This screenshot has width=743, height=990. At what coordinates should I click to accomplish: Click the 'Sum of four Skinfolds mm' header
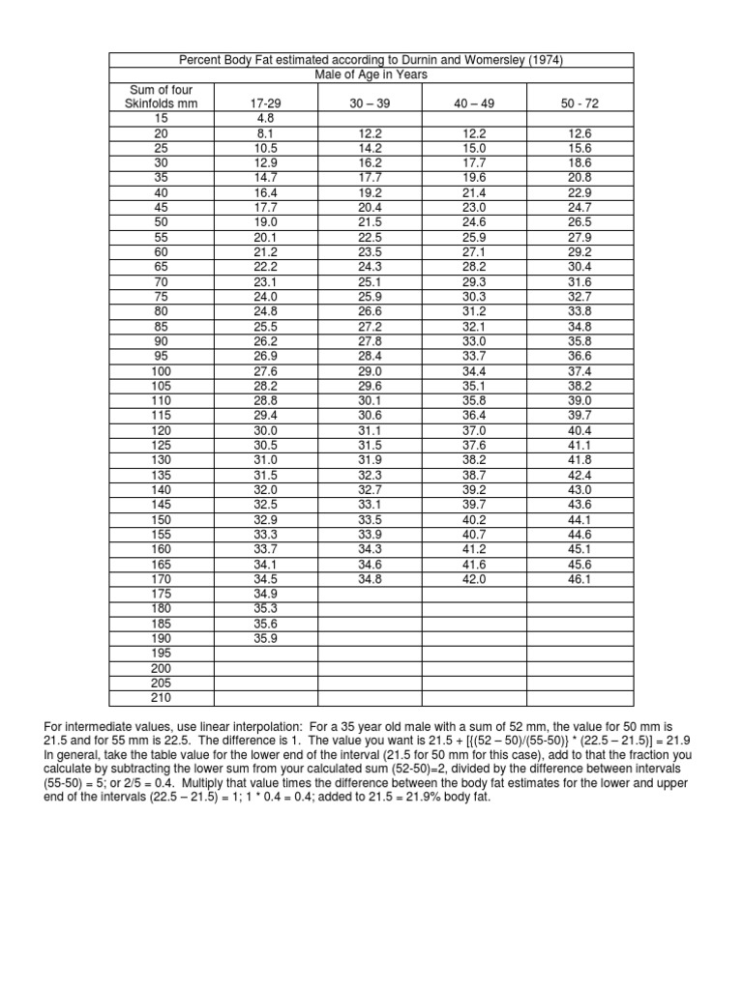pyautogui.click(x=162, y=97)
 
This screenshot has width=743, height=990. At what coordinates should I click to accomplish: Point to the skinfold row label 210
pyautogui.click(x=162, y=696)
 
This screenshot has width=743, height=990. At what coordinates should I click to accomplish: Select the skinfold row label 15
pyautogui.click(x=162, y=118)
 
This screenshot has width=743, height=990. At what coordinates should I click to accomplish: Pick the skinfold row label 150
pyautogui.click(x=162, y=518)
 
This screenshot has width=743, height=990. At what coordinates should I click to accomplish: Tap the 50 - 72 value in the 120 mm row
pyautogui.click(x=580, y=430)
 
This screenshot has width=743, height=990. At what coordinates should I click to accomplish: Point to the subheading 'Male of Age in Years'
pyautogui.click(x=371, y=74)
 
